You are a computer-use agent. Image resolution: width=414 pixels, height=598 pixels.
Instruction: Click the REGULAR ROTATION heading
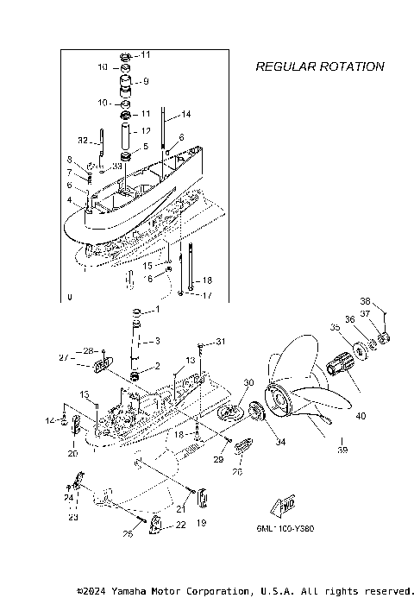[x=319, y=66]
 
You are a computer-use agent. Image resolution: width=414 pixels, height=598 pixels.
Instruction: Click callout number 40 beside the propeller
[x=360, y=416]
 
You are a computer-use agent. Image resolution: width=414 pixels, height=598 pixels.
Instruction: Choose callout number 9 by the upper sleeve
[x=146, y=82]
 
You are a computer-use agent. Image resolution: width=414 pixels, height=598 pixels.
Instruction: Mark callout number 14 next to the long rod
[x=186, y=114]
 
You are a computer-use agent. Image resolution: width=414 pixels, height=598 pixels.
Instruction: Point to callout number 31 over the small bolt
[x=220, y=342]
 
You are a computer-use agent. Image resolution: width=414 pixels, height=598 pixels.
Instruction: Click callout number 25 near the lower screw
[x=128, y=535]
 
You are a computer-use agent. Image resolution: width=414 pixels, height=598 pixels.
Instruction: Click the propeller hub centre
[x=279, y=400]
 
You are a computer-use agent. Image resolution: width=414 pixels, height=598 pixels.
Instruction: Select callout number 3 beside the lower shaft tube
[x=157, y=339]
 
